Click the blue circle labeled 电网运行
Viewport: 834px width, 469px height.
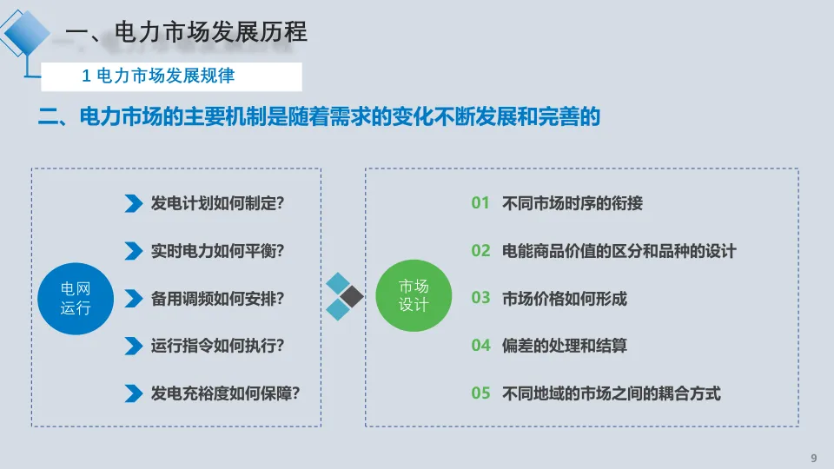click(x=75, y=298)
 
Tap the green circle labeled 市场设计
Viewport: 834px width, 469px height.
click(x=413, y=298)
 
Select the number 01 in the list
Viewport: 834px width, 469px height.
click(x=481, y=203)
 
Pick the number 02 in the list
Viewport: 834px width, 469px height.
click(x=481, y=251)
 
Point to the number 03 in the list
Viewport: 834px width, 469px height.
click(x=481, y=298)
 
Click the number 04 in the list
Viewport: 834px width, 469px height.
click(x=481, y=346)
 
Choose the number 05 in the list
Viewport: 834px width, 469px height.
click(x=481, y=393)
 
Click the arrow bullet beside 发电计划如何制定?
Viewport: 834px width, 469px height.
click(x=133, y=203)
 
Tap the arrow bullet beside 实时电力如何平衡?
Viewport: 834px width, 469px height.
click(x=133, y=251)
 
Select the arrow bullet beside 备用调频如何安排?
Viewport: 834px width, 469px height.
click(x=133, y=298)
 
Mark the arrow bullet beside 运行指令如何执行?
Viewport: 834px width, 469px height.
click(x=133, y=346)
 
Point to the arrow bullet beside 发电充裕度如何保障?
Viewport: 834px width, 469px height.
click(x=133, y=393)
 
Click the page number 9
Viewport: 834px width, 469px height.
click(x=814, y=458)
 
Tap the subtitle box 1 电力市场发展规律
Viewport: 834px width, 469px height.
click(x=172, y=76)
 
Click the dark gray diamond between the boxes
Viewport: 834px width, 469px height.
click(x=351, y=297)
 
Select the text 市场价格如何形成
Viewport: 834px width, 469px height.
click(x=565, y=299)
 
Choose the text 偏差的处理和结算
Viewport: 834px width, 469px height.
click(x=565, y=346)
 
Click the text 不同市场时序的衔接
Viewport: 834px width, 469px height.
click(x=573, y=204)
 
